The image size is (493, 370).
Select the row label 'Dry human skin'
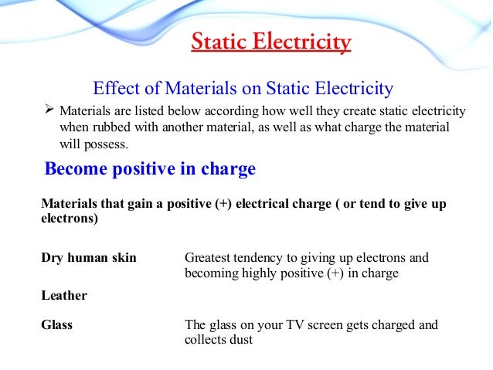coord(88,258)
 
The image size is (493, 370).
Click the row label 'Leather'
coord(64,295)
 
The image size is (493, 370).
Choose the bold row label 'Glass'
coord(56,325)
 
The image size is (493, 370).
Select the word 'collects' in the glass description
coord(206,340)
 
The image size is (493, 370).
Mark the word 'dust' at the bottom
coord(242,340)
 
